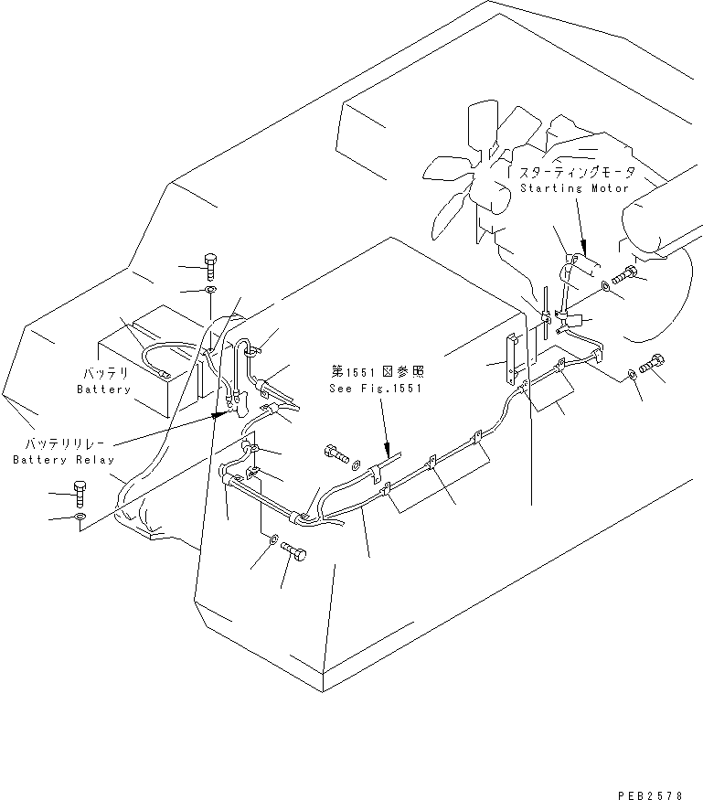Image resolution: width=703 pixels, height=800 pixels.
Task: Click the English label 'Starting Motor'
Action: point(574,188)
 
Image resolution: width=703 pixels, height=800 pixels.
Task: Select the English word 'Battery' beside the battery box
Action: point(104,389)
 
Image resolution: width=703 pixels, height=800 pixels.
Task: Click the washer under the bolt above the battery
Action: point(209,291)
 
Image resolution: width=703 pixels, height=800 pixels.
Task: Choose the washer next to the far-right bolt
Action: point(633,374)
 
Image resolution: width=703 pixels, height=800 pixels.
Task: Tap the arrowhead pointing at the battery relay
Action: point(219,413)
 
